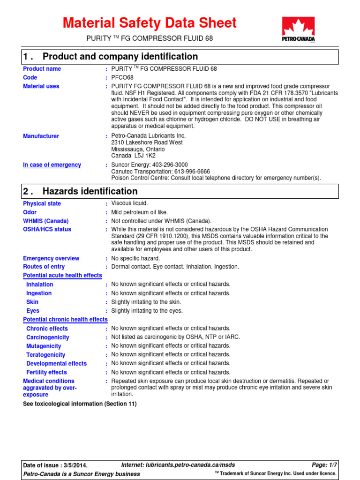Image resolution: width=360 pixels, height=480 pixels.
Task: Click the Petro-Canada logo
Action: tap(298, 30)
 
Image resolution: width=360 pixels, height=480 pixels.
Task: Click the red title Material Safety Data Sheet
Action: tap(150, 22)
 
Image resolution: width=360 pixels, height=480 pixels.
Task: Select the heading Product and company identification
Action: tap(120, 57)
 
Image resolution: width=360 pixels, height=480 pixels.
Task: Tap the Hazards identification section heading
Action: tap(90, 191)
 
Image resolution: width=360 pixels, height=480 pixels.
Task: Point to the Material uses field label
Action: tap(41, 86)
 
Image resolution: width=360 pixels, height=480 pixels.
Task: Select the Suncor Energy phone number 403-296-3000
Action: tap(170, 165)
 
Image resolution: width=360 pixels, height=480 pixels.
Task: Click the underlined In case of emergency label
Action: tap(52, 165)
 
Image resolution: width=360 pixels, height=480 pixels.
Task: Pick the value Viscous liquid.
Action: tap(129, 203)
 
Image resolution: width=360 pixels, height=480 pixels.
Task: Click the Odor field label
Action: tap(30, 212)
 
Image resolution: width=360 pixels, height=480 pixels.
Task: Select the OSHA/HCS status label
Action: tap(47, 229)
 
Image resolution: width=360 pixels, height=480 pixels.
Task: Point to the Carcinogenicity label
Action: tap(47, 337)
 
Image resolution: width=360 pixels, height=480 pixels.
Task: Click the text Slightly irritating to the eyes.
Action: tap(147, 311)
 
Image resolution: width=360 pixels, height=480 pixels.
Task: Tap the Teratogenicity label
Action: tap(46, 355)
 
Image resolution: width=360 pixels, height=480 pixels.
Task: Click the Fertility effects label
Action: tap(46, 372)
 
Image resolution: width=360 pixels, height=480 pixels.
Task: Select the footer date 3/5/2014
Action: tap(75, 465)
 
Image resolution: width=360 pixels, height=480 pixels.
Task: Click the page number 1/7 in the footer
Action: tap(332, 465)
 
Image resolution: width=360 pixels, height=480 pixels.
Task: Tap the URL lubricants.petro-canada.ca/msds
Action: tap(197, 465)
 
